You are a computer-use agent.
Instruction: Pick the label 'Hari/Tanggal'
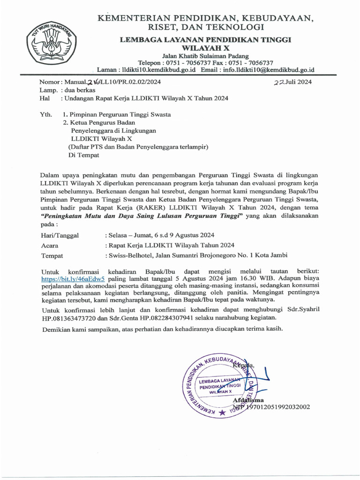pos(60,236)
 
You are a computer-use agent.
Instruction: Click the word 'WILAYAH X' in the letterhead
pos(205,48)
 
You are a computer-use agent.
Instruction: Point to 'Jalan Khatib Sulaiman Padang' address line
pos(205,56)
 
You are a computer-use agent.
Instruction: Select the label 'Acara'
pos(50,246)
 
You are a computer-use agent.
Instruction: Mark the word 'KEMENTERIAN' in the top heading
pos(135,18)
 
